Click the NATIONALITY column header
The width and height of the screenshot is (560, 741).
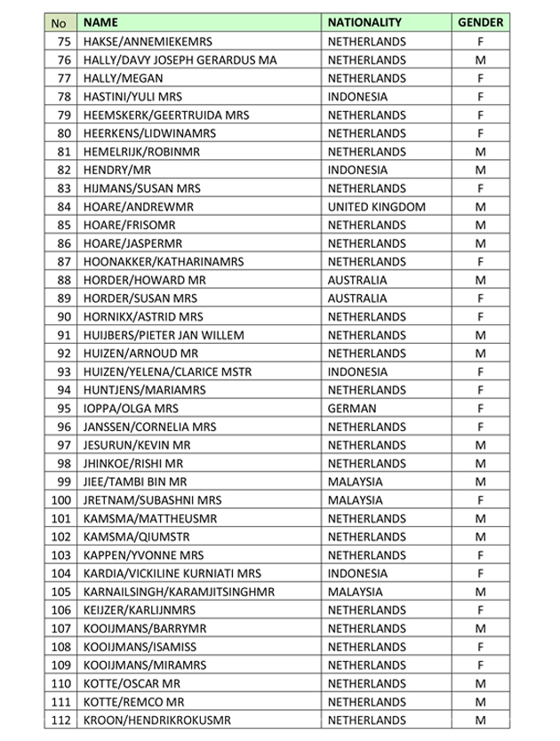(x=364, y=23)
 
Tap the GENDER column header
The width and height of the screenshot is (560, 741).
(x=480, y=23)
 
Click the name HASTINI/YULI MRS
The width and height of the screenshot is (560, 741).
(x=132, y=97)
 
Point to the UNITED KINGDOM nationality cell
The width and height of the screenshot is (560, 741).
(x=377, y=206)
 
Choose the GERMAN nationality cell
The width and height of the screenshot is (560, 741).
(x=354, y=408)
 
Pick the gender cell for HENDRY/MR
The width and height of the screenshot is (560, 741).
(x=480, y=170)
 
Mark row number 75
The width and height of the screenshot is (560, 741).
(x=63, y=42)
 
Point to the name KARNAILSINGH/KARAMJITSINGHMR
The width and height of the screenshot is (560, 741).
(x=179, y=591)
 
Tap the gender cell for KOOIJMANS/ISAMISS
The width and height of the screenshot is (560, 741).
(x=480, y=646)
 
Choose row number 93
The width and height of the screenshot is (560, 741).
(x=63, y=371)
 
